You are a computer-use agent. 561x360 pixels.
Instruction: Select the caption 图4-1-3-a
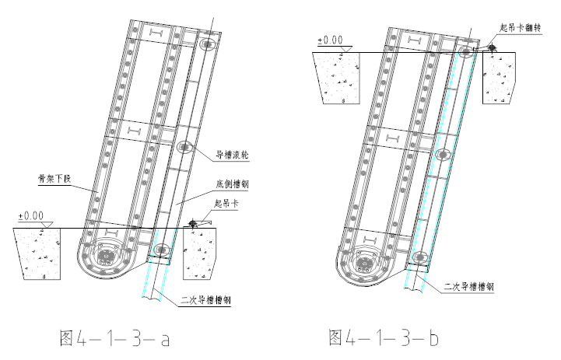click(x=114, y=338)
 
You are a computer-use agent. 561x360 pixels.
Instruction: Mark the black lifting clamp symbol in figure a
click(x=193, y=224)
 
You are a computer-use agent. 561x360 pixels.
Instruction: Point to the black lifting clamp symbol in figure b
click(x=491, y=48)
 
